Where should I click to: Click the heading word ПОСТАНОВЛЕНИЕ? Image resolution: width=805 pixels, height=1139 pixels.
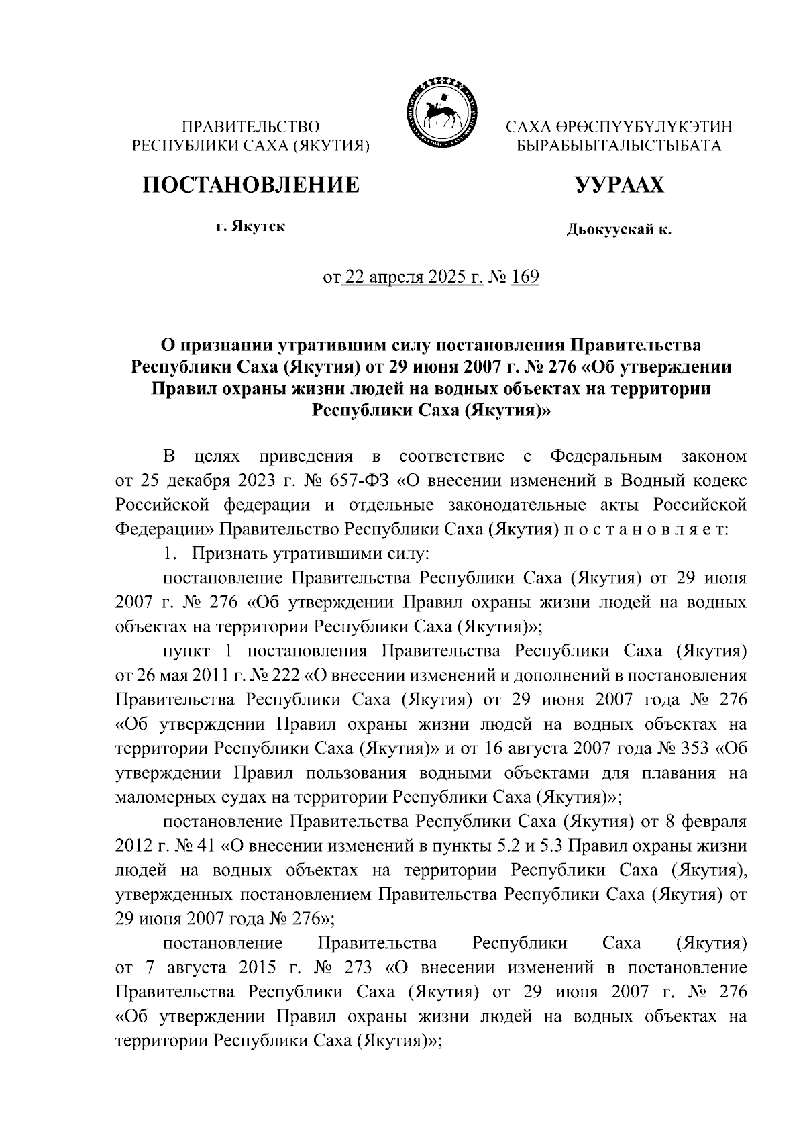pos(250,185)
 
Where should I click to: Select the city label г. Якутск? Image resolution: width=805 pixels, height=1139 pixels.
pos(250,227)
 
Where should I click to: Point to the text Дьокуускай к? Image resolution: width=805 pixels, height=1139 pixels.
pos(619,230)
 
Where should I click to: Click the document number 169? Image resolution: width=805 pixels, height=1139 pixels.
pos(525,277)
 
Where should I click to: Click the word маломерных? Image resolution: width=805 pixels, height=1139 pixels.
pos(160,797)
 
